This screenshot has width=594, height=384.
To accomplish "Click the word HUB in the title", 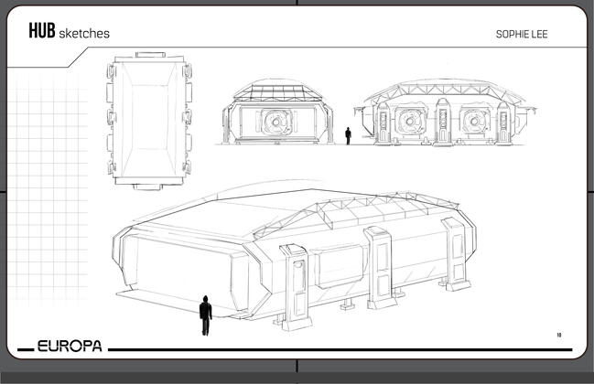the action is (x=42, y=31).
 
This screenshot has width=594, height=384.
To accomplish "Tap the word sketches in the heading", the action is (x=84, y=33).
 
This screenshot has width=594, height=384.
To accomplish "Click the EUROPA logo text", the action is (x=70, y=346).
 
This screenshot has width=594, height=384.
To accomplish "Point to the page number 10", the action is (x=559, y=335).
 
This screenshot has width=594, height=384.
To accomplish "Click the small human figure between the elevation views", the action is (x=348, y=136).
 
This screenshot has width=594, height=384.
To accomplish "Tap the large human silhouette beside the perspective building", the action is (x=205, y=315).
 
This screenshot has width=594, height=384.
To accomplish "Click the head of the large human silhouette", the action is (x=205, y=298).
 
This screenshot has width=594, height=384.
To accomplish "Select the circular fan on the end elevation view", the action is (x=276, y=122).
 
